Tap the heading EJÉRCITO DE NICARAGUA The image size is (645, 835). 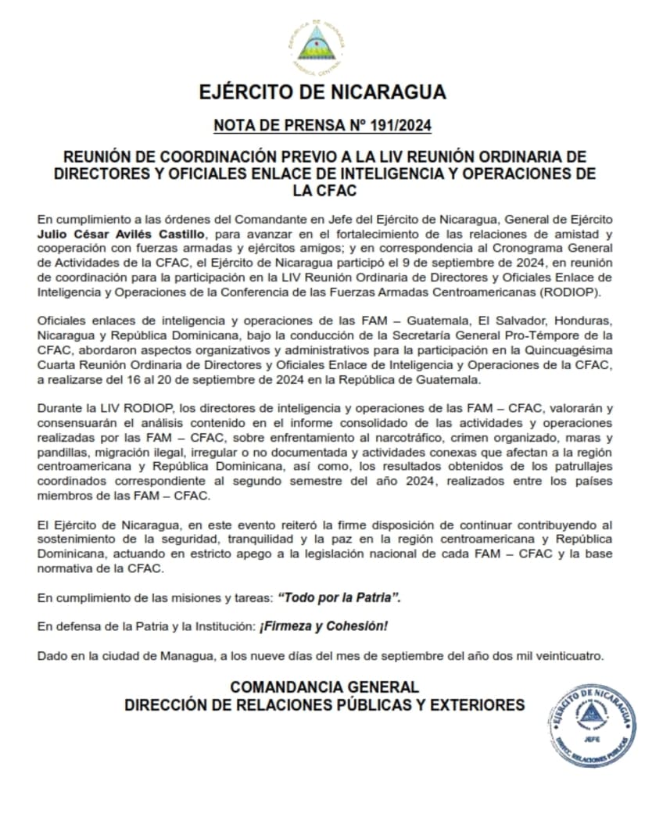[322, 92]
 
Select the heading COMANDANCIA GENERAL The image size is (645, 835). [324, 687]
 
